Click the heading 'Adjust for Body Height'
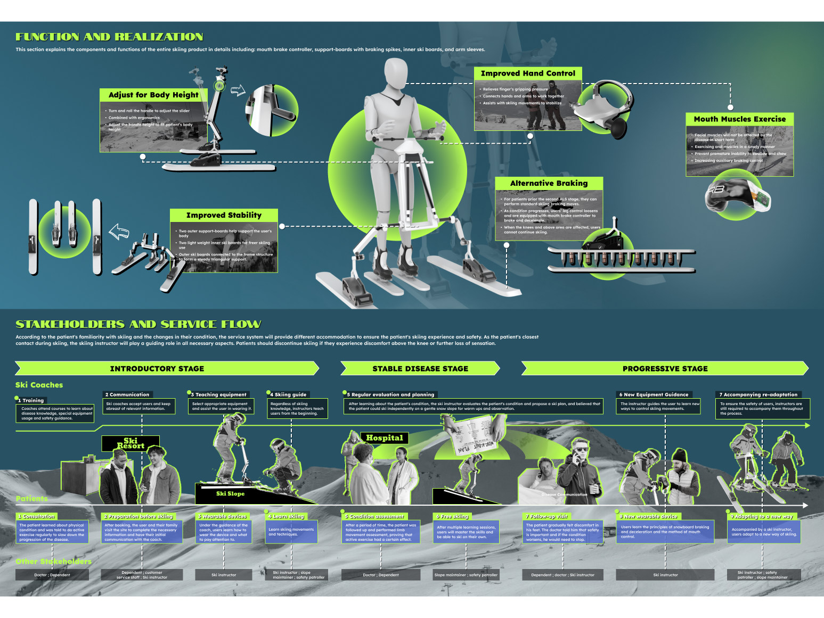153,95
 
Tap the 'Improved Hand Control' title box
528,73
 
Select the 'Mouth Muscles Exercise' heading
739,119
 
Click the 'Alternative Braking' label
549,183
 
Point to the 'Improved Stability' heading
224,215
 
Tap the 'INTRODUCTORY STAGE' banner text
157,368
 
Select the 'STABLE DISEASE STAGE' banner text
420,368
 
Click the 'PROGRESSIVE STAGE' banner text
665,368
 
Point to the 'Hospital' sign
384,438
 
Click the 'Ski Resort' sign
130,443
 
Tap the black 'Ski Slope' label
230,493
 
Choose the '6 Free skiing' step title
453,516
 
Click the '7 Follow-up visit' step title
547,516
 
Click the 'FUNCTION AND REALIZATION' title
109,37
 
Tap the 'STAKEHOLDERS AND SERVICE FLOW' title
138,324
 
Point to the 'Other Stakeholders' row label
53,561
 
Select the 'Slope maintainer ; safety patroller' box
466,575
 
